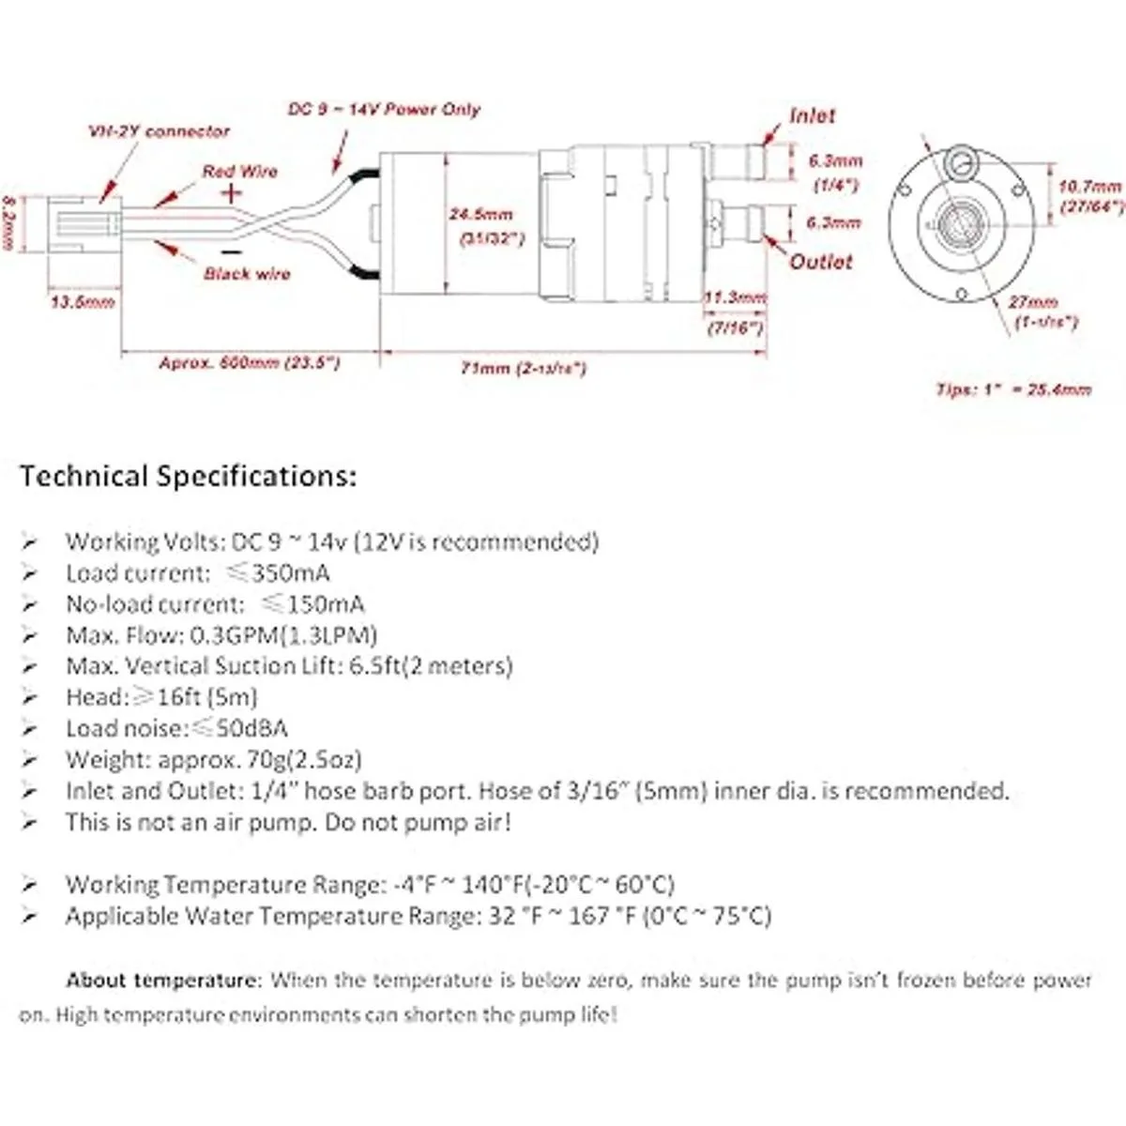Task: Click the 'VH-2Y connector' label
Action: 159,131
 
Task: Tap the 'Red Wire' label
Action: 240,172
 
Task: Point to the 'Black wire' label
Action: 247,274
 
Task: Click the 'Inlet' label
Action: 812,115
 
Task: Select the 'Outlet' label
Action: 821,262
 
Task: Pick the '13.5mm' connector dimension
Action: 83,302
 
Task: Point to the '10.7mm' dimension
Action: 1090,188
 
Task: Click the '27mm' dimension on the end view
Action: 1033,302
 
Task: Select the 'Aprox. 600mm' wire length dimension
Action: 250,363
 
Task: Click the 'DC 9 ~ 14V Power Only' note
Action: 384,110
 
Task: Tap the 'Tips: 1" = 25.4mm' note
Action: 1013,388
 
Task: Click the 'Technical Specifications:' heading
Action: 189,477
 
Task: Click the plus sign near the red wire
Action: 232,193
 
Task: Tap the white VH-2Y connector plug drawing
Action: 84,225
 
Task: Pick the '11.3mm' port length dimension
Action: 736,297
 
